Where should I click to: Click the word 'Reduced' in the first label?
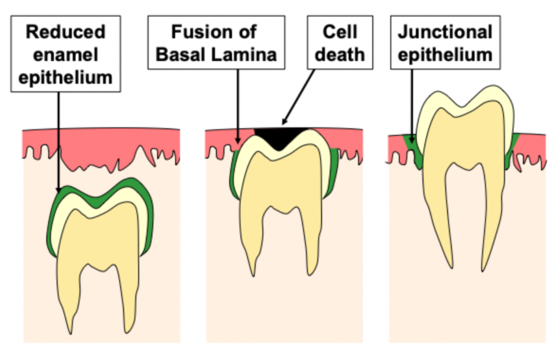point(65,32)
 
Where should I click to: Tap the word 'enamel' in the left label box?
point(65,55)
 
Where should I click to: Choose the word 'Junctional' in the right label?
point(445,32)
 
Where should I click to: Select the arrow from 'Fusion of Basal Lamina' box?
point(238,104)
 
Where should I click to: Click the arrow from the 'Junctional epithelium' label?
point(412,104)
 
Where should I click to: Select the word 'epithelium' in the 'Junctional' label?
point(445,55)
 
